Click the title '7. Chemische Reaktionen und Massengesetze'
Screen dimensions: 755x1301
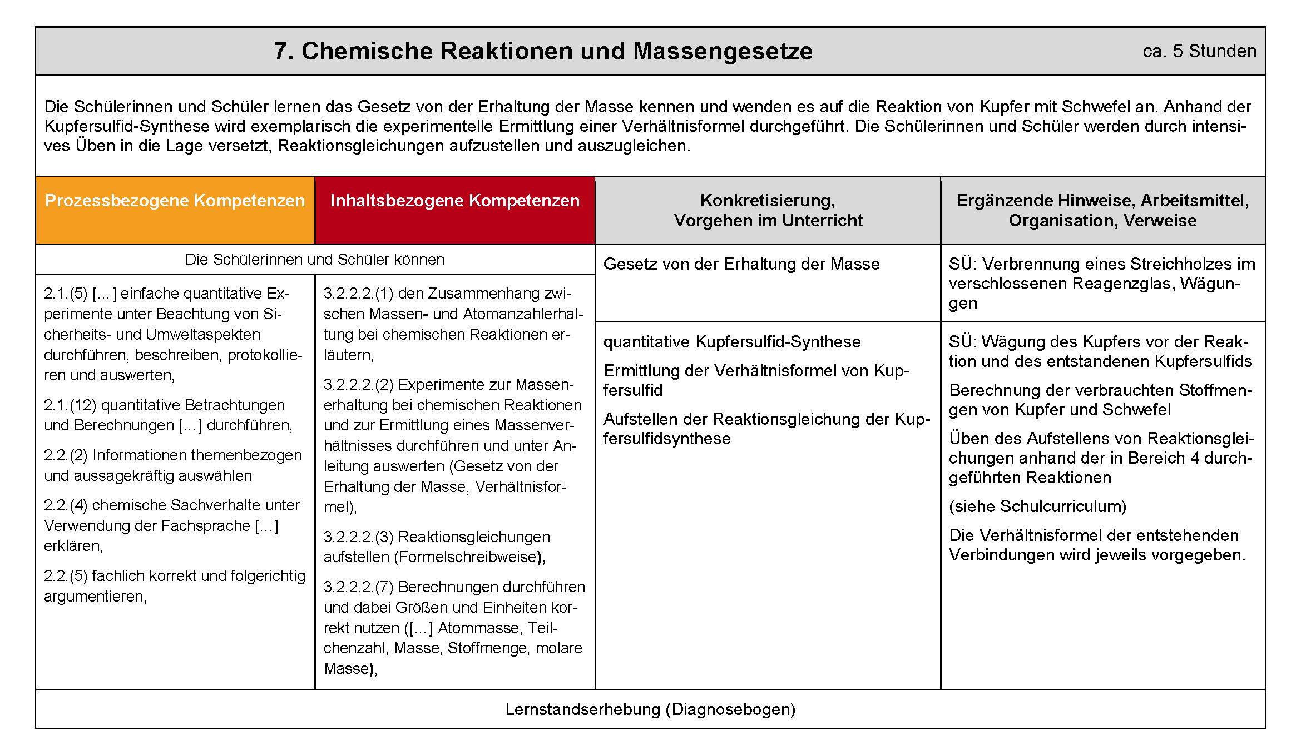click(x=543, y=51)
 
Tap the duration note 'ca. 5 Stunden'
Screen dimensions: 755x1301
click(x=1199, y=51)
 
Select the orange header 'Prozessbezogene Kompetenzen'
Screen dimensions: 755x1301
click(x=175, y=201)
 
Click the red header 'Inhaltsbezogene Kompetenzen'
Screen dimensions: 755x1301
click(x=454, y=201)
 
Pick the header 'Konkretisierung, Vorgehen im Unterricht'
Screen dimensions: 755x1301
click(x=768, y=210)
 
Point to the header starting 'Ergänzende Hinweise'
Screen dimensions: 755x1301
click(x=1102, y=210)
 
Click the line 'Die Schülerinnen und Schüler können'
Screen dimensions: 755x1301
click(x=314, y=260)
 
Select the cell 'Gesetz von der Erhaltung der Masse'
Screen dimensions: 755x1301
click(x=741, y=264)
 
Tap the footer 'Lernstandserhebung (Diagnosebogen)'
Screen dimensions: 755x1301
click(x=650, y=709)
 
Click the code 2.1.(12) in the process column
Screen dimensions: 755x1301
click(x=70, y=405)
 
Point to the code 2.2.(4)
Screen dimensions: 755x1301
click(x=66, y=505)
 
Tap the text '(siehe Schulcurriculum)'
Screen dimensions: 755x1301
click(x=1037, y=506)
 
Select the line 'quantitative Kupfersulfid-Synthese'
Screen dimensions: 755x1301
click(x=731, y=342)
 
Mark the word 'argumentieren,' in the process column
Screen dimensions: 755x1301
click(x=95, y=597)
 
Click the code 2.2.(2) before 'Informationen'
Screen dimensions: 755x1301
click(x=66, y=455)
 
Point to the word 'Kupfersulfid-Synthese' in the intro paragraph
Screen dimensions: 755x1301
click(x=127, y=126)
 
